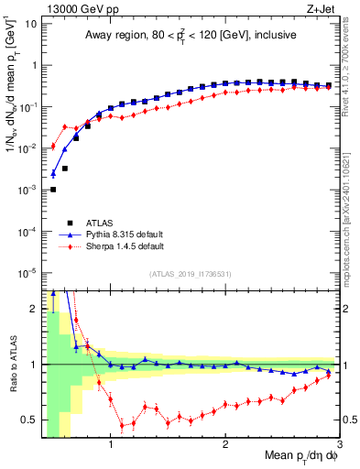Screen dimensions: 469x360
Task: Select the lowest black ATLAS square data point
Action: click(53, 190)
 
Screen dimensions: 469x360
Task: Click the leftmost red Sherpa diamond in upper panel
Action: click(53, 147)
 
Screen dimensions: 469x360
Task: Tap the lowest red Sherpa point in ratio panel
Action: click(122, 426)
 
